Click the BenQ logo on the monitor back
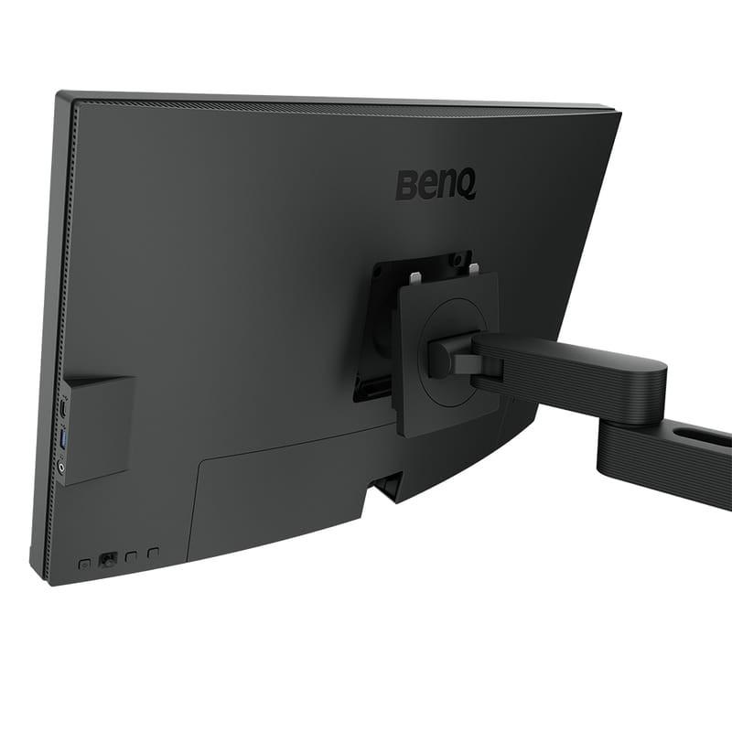point(436,184)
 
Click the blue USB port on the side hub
point(64,438)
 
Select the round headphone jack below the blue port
point(62,467)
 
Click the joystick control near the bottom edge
point(108,558)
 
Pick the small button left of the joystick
point(84,564)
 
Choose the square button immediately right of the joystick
point(131,555)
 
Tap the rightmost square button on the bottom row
point(153,553)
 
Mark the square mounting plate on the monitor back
point(447,352)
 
